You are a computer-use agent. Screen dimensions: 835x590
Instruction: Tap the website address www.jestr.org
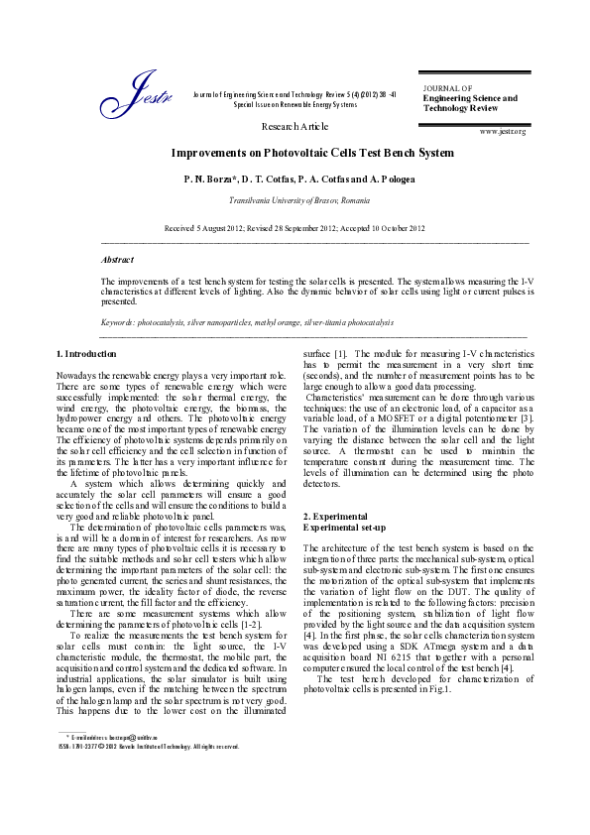[502, 131]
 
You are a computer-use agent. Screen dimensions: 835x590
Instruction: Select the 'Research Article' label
[295, 127]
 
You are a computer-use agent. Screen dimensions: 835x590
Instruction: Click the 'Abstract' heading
[117, 259]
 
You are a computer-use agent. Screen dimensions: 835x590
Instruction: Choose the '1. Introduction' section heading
[86, 353]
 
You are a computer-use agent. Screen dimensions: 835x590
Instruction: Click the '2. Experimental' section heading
[336, 517]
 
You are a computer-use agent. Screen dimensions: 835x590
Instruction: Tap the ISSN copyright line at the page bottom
[148, 746]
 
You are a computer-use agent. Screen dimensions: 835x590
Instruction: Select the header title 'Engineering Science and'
[470, 98]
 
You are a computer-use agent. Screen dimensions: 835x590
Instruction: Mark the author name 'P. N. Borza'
[235, 179]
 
